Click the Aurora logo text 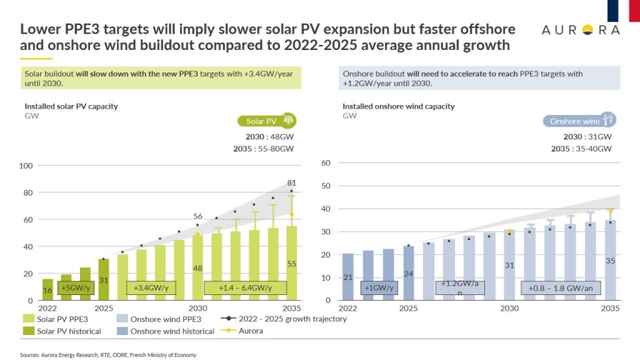(x=581, y=31)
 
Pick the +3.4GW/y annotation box (x=151, y=287)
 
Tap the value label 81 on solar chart (x=291, y=183)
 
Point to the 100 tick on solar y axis (x=27, y=166)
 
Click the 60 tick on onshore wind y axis (x=325, y=162)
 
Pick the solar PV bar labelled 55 (x=291, y=263)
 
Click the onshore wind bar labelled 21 (x=348, y=277)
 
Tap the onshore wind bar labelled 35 (x=610, y=260)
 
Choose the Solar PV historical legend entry (x=62, y=331)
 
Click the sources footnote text (x=108, y=355)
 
